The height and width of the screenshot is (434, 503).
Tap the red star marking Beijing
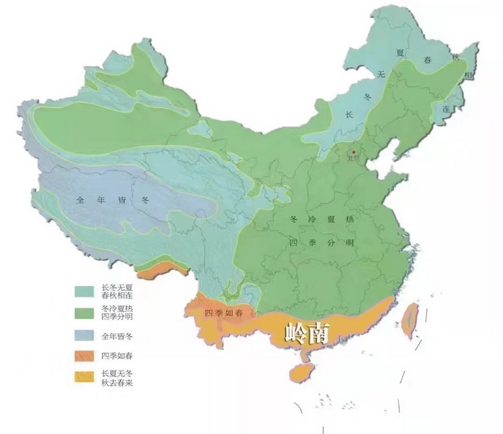[353, 152]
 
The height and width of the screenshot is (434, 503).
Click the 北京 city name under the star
[353, 160]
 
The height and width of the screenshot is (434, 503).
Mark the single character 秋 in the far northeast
[454, 56]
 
